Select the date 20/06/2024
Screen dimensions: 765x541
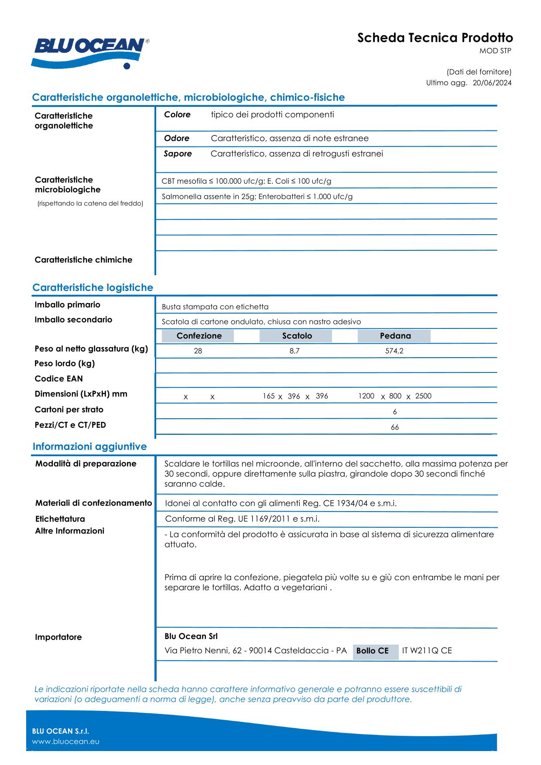coord(492,83)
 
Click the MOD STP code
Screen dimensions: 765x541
coord(495,51)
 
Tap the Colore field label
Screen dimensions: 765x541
coord(177,115)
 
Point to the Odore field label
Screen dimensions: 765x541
coord(177,138)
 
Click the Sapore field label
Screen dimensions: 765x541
coord(178,154)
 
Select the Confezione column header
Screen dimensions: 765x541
coord(199,336)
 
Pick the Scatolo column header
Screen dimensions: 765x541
coord(297,336)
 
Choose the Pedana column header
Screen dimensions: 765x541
coord(395,336)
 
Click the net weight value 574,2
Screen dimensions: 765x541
coord(394,351)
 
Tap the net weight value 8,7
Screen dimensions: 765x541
coord(294,351)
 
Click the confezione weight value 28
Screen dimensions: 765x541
coord(198,351)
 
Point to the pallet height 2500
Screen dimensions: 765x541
coord(423,396)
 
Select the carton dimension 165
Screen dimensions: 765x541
coord(268,396)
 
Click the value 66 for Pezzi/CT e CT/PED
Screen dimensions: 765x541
coord(394,427)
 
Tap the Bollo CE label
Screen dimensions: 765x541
coord(372,651)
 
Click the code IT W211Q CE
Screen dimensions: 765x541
coord(427,651)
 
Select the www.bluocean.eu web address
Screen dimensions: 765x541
coord(66,741)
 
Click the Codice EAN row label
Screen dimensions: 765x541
coord(58,379)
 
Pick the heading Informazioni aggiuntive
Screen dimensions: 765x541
coord(89,447)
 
